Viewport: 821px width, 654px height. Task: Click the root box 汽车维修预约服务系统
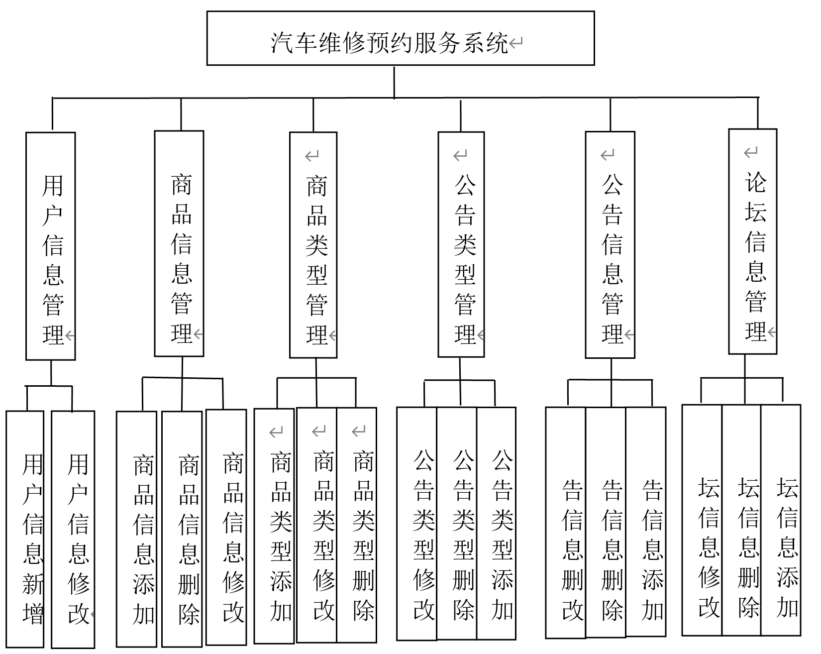pos(400,38)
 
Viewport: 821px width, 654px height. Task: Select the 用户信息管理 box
pos(51,246)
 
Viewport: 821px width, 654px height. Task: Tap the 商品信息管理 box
pos(179,243)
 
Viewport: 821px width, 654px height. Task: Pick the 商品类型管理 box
pos(313,245)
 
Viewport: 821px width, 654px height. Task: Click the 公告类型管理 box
pos(461,244)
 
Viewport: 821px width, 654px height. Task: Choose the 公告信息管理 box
pos(610,245)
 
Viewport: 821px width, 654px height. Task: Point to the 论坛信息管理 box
pos(753,242)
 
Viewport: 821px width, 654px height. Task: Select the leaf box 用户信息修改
pos(73,530)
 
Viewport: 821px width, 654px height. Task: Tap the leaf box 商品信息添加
pos(137,530)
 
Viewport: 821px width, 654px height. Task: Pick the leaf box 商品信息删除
pos(182,530)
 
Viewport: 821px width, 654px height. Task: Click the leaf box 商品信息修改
pos(226,528)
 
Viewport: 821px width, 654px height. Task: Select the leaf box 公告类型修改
pos(417,524)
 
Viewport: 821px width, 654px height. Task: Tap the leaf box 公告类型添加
pos(497,524)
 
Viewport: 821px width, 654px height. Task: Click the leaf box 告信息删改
pos(566,523)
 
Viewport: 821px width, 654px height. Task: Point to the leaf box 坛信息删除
pos(741,521)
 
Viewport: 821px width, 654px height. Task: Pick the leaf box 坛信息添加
pos(781,521)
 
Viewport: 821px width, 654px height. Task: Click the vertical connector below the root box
pos(395,82)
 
